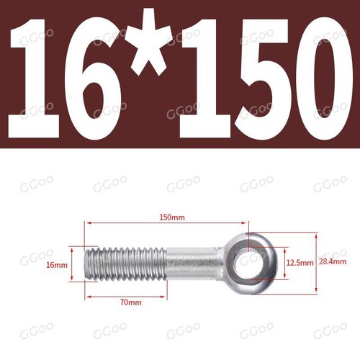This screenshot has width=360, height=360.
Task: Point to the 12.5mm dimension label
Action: (x=300, y=264)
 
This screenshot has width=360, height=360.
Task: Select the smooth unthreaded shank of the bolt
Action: (x=193, y=261)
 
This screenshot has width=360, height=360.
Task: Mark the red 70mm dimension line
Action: (x=127, y=295)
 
